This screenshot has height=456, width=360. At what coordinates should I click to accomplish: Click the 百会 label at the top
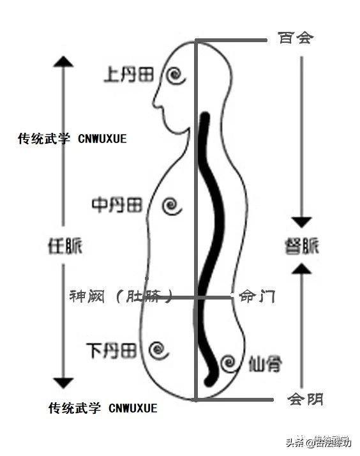296,37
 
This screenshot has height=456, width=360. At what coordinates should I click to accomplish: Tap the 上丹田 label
128,75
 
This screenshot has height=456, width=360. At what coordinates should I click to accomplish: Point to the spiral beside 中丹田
170,206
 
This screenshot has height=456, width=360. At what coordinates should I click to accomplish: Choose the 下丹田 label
111,350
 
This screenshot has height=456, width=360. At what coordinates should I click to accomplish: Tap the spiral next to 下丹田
158,349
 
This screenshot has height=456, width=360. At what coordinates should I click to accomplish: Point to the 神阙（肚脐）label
121,296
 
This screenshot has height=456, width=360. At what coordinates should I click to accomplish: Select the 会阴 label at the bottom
305,400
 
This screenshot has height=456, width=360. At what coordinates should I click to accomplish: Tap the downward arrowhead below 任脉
63,383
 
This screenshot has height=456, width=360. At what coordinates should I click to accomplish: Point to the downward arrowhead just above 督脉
301,222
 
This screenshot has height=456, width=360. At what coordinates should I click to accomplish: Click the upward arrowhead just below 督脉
301,268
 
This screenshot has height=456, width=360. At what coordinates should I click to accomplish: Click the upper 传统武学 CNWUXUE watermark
71,137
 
